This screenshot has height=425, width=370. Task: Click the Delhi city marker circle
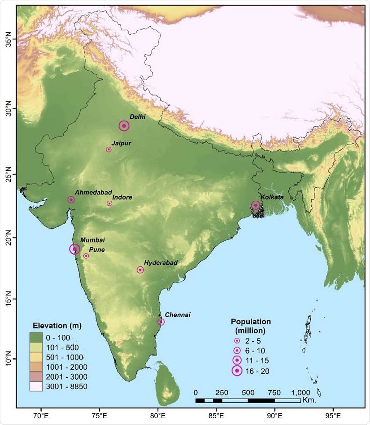click(124, 126)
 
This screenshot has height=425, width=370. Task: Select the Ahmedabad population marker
click(71, 199)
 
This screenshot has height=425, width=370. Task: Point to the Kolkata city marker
click(256, 205)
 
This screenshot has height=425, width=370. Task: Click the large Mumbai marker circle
click(75, 249)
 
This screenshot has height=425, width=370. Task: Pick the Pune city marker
click(86, 256)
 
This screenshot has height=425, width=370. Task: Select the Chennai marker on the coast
click(161, 322)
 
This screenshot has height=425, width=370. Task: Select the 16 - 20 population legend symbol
click(236, 371)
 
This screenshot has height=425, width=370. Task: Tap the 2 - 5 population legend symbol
click(236, 341)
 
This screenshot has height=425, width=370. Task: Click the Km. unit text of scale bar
click(309, 399)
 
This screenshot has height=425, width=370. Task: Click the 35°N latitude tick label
click(8, 39)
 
